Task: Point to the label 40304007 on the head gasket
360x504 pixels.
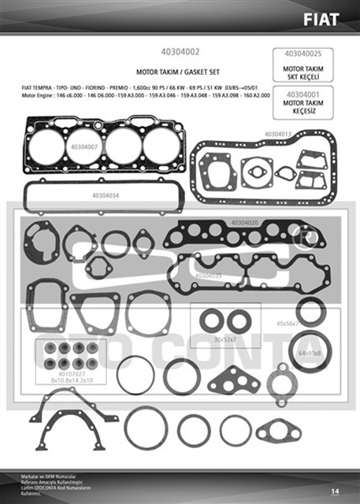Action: click(85, 146)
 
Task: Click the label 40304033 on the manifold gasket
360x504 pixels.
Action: click(208, 276)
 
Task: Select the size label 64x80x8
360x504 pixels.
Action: click(310, 354)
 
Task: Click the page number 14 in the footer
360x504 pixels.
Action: click(335, 491)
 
